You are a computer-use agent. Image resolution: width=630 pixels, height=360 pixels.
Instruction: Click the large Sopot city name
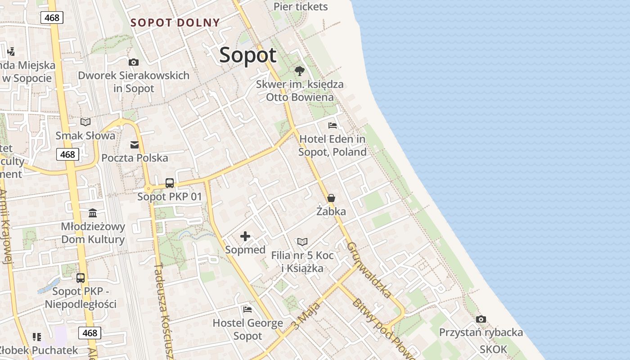[248, 55]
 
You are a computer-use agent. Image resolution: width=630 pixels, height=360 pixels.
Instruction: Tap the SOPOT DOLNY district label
[175, 22]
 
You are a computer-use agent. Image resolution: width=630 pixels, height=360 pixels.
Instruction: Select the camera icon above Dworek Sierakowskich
[133, 62]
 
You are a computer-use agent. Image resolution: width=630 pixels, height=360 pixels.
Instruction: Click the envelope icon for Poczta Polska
[135, 144]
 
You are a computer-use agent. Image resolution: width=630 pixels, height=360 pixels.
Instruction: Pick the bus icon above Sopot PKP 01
[170, 183]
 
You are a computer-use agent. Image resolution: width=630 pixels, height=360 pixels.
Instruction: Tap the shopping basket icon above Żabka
[331, 198]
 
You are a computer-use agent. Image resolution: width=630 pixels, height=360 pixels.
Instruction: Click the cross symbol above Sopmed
[245, 236]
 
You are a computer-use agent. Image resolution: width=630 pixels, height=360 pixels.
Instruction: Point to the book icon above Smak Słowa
[85, 122]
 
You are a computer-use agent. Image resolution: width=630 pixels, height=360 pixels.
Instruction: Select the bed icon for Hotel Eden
[333, 126]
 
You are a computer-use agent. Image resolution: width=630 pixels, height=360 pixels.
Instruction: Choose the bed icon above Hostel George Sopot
[247, 310]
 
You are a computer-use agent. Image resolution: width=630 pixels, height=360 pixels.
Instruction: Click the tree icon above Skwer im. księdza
[299, 71]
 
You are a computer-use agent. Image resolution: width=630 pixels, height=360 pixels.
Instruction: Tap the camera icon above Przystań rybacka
[481, 319]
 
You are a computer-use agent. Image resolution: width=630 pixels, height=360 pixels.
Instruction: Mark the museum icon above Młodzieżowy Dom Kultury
[93, 213]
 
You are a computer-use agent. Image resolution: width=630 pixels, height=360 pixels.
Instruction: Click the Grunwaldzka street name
[369, 270]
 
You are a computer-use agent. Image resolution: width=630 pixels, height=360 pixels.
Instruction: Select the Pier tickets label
[301, 7]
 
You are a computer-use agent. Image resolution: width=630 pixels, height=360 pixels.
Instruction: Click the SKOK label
[493, 349]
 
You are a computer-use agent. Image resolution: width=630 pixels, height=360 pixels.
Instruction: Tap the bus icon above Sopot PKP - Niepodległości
[81, 278]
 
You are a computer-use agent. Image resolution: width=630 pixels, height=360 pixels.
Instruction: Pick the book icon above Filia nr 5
[302, 242]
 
